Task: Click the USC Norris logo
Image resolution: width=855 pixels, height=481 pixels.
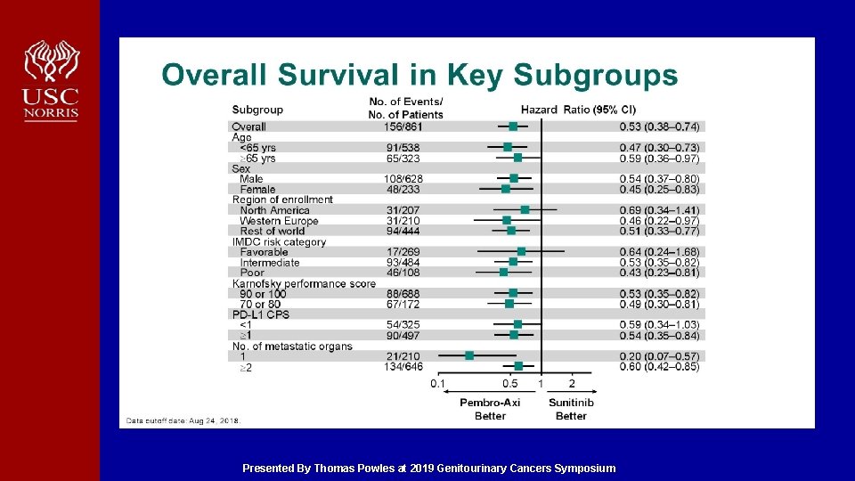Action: pos(52,80)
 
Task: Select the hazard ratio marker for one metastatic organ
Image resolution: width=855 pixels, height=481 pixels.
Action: pos(469,356)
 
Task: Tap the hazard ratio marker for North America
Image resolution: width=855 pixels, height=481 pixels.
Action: pos(525,210)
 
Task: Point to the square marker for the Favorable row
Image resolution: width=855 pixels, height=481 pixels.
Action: pos(521,251)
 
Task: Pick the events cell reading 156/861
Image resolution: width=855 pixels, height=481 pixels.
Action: pos(403,127)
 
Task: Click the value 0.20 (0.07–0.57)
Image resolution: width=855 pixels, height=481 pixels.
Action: pos(659,356)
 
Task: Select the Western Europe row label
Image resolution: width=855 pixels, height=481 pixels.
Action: pos(279,221)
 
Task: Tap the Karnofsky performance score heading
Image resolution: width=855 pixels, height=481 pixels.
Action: pos(304,283)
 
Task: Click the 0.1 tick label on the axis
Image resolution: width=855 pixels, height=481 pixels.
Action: pos(437,383)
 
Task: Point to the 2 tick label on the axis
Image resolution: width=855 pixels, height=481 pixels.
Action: pos(572,383)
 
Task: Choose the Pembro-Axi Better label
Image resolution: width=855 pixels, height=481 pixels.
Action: pos(490,409)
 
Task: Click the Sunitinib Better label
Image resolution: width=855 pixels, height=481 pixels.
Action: pos(571,409)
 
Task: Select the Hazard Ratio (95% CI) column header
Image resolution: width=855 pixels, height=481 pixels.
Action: pos(578,110)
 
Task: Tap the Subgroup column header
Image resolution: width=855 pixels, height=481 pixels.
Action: pos(257,110)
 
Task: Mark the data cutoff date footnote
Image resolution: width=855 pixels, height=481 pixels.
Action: pos(183,420)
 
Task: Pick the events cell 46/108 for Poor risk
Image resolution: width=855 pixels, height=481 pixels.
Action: pos(403,273)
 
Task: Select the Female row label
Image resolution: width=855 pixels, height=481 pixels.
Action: pos(257,189)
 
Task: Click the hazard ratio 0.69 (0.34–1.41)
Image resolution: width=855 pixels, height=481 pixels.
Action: pos(659,210)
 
